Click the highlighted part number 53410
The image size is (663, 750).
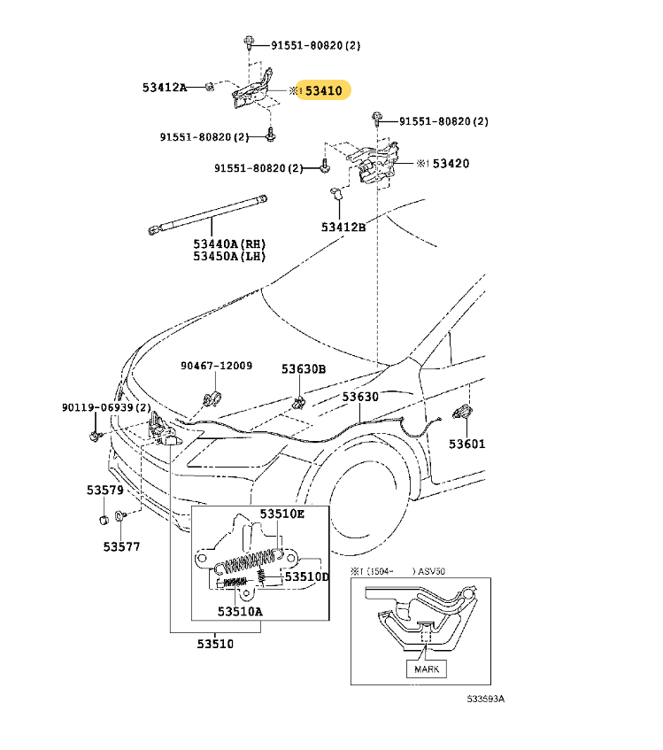[x=324, y=90]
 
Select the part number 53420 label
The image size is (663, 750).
[x=451, y=164]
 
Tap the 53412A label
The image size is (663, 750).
[x=165, y=87]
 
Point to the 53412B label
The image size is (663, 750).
[x=343, y=227]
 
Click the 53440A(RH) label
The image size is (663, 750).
[x=229, y=244]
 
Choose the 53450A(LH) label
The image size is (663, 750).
[x=229, y=257]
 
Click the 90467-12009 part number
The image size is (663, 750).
[x=217, y=366]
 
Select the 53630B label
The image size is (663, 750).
[x=304, y=368]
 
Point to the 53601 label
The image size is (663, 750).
[x=466, y=444]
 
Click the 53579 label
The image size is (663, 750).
[x=104, y=490]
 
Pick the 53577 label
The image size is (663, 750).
[x=121, y=546]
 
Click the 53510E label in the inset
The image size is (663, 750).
[x=281, y=514]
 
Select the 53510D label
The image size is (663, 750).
[x=306, y=576]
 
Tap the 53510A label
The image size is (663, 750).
[x=241, y=611]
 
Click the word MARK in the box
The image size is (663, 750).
[x=427, y=669]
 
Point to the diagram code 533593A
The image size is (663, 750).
[x=486, y=700]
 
